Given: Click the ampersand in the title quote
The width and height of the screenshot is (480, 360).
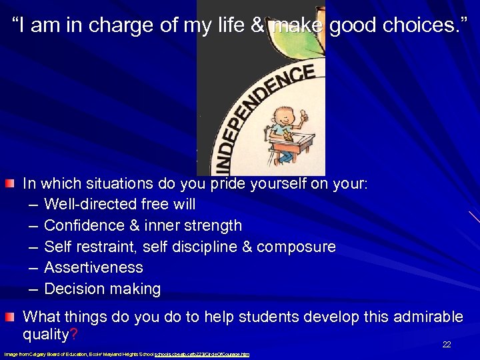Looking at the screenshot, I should pyautogui.click(x=261, y=27).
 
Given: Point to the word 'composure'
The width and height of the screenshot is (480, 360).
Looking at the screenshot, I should pyautogui.click(x=296, y=247).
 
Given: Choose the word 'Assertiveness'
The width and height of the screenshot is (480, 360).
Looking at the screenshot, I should pyautogui.click(x=93, y=268).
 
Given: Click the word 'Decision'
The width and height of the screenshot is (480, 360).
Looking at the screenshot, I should pyautogui.click(x=73, y=289).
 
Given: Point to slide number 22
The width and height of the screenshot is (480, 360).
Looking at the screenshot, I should pyautogui.click(x=447, y=345).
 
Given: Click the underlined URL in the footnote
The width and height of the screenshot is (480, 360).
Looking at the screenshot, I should pyautogui.click(x=202, y=354).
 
